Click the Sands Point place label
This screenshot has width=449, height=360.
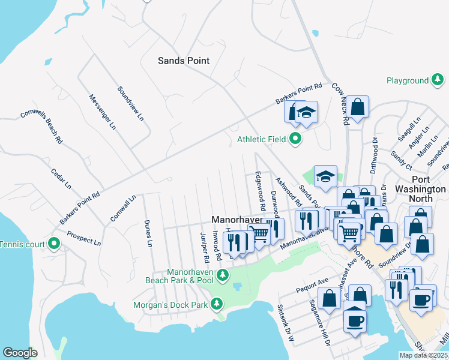click(184, 61)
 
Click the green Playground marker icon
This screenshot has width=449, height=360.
click(439, 80)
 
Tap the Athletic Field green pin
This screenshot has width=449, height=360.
click(295, 140)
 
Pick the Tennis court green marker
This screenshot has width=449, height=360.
click(54, 244)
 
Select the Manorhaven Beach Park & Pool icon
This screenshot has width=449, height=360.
click(223, 275)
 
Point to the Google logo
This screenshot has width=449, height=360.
click(20, 353)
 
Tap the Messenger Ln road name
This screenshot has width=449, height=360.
click(101, 112)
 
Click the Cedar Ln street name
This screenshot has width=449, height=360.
click(61, 178)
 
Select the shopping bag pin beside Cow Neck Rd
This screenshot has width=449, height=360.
click(357, 107)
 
